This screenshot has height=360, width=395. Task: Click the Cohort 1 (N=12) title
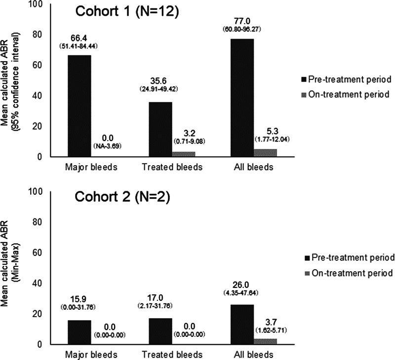click(x=127, y=11)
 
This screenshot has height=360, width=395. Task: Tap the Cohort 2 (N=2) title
click(x=122, y=197)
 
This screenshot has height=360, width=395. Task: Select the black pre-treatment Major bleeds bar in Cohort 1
click(x=79, y=106)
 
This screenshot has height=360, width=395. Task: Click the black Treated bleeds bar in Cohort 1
click(x=161, y=130)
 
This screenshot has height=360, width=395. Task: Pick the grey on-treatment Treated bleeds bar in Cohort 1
click(x=184, y=154)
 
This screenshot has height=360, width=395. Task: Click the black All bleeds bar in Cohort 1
click(x=242, y=98)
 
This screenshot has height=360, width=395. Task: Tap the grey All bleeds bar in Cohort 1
click(x=265, y=153)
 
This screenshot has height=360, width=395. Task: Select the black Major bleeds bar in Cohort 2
click(x=79, y=332)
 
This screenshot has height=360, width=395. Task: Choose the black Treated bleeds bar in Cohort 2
click(x=161, y=331)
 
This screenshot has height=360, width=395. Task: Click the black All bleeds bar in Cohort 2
click(x=242, y=324)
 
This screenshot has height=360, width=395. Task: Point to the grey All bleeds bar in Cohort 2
click(x=265, y=342)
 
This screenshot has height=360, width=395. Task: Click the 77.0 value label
click(x=242, y=21)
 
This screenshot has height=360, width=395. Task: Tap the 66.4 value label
click(x=79, y=38)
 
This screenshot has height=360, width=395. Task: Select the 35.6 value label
click(x=158, y=81)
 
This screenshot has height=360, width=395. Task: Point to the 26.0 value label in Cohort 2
click(x=240, y=285)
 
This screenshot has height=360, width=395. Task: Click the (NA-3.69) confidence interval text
click(x=108, y=146)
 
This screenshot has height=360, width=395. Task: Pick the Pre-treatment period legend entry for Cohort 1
click(x=346, y=79)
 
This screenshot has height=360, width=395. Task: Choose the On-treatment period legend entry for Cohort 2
click(x=349, y=273)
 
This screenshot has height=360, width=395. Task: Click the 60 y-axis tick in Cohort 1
click(x=37, y=65)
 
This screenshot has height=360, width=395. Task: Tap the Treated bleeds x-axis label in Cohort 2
click(x=172, y=355)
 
